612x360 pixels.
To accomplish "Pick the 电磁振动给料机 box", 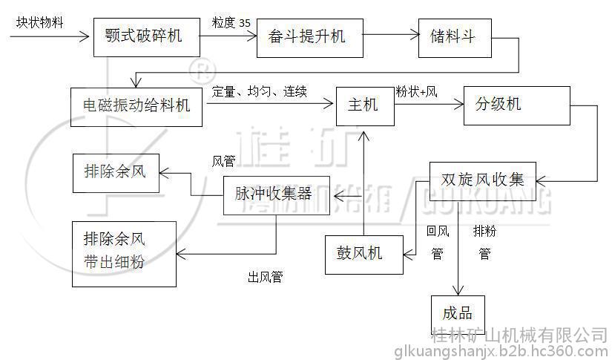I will (x=136, y=105).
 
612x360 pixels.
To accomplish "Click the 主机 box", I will (x=363, y=105).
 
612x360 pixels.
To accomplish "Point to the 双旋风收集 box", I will (x=482, y=180).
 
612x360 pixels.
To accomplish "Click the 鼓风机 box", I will (x=363, y=254).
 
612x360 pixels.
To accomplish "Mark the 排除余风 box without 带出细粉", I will (x=116, y=174).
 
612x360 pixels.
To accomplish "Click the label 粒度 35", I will (x=231, y=22).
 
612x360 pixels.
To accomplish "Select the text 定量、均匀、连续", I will (x=260, y=92).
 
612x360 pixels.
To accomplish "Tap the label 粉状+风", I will (x=417, y=92).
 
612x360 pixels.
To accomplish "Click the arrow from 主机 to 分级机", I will (x=429, y=105).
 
